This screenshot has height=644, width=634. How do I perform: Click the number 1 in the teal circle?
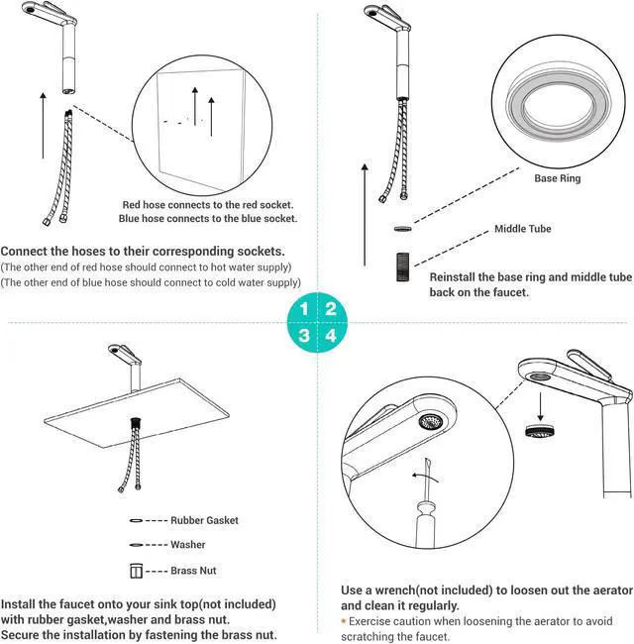click(x=305, y=308)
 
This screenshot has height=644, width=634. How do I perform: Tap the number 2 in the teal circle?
click(x=331, y=308)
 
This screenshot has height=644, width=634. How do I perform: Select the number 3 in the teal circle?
click(x=305, y=336)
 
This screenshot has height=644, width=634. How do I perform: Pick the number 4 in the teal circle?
click(x=331, y=336)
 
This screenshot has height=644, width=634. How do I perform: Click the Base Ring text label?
click(x=558, y=179)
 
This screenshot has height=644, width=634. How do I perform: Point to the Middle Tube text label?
click(x=523, y=229)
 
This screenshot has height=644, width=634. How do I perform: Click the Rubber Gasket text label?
click(x=204, y=520)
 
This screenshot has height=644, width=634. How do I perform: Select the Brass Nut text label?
click(x=193, y=571)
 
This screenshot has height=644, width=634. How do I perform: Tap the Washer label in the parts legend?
click(x=188, y=545)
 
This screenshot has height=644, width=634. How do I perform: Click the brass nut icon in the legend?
click(x=137, y=571)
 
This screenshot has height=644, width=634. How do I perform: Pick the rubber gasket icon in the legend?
click(x=136, y=520)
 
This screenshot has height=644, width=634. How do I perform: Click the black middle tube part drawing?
click(x=401, y=267)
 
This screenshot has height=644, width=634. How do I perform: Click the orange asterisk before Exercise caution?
click(x=344, y=621)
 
